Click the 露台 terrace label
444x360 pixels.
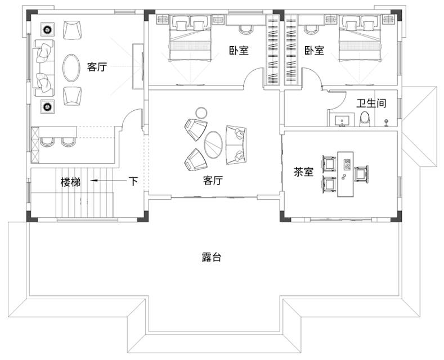(211, 257)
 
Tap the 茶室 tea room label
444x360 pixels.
(303, 172)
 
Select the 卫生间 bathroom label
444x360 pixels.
(371, 103)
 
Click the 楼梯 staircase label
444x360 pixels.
(70, 182)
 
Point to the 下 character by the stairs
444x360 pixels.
(133, 181)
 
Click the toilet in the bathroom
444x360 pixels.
(365, 119)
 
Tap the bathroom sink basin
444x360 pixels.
(342, 120)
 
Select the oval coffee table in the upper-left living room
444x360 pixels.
(71, 67)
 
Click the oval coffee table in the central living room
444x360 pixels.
(213, 145)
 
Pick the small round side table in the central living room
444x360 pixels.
(201, 112)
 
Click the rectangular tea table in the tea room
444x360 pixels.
(346, 174)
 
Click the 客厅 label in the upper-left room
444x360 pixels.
(97, 67)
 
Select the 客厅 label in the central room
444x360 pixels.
(213, 180)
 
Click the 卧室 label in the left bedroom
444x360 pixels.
(239, 51)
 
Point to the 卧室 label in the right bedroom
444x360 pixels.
(315, 51)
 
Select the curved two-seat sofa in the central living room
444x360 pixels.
(236, 145)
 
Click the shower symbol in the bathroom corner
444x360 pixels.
(386, 123)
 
